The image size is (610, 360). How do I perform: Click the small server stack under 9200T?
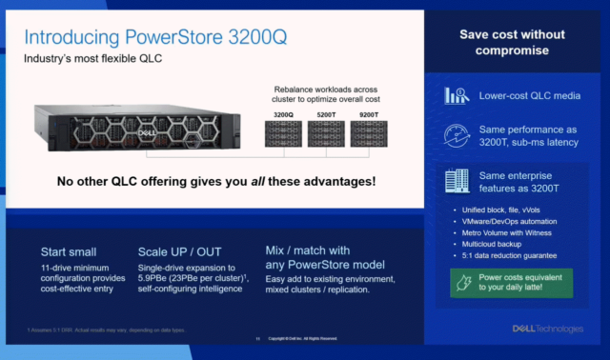click(x=369, y=133)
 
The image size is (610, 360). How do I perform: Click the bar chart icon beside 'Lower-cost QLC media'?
click(x=456, y=96)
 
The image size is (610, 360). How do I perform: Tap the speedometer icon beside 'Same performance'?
click(x=456, y=137)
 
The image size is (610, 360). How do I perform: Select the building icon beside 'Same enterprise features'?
click(x=456, y=181)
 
